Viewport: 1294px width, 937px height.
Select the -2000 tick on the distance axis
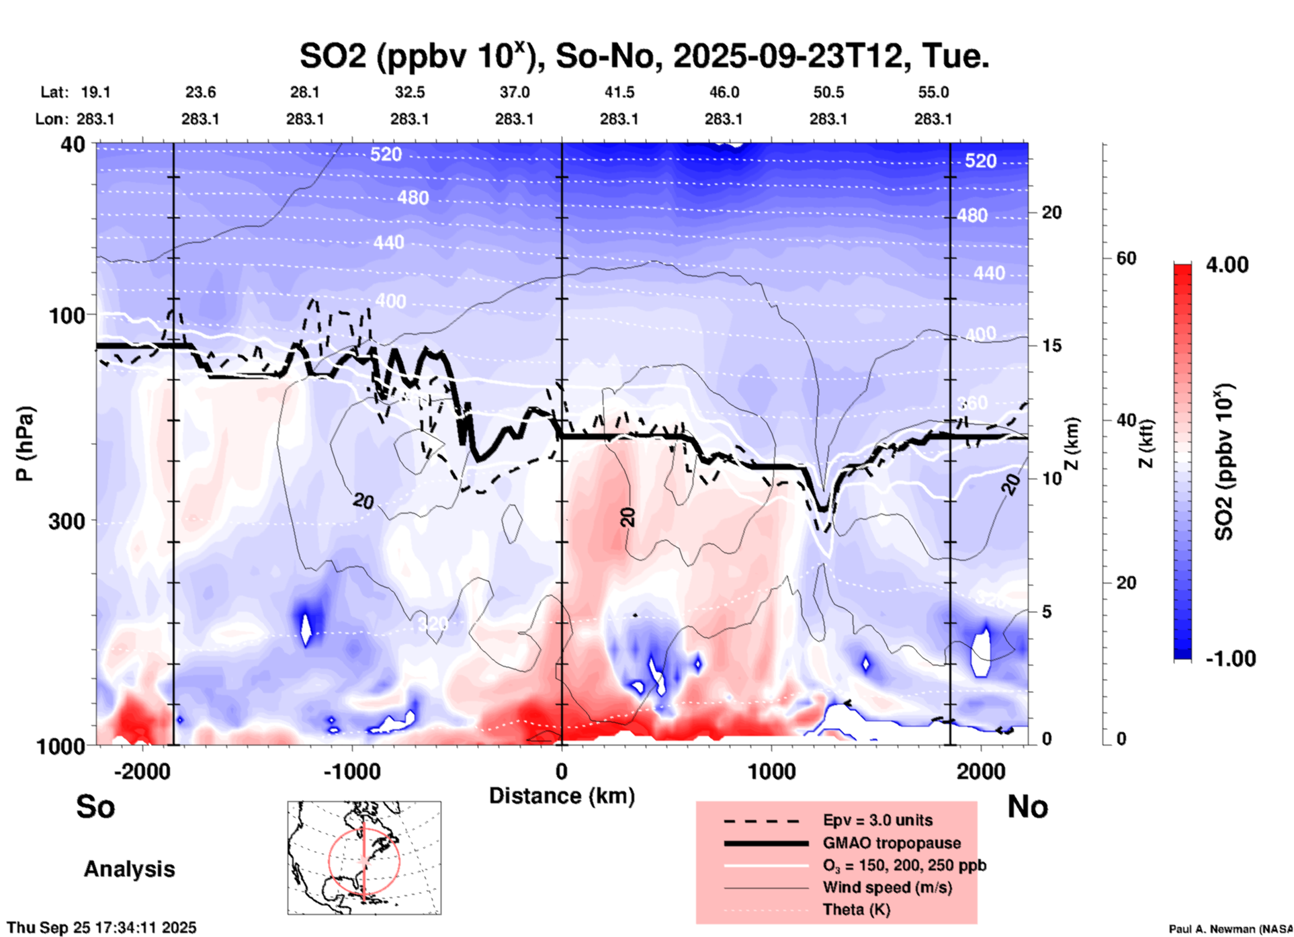click(x=142, y=771)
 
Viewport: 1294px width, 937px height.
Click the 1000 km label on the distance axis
click(x=771, y=771)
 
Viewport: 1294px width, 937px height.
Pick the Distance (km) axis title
click(x=562, y=796)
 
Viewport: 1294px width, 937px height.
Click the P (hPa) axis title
click(x=25, y=444)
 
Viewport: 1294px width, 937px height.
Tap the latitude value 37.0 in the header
click(x=514, y=92)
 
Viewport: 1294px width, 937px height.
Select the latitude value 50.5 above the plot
click(x=828, y=92)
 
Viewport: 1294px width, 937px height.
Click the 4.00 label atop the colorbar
click(x=1227, y=265)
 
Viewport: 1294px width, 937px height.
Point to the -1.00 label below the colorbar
click(x=1230, y=659)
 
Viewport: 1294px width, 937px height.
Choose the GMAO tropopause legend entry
click(x=892, y=843)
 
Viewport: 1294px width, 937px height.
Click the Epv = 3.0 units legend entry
click(x=877, y=821)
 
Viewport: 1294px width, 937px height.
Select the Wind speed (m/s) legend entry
click(x=887, y=887)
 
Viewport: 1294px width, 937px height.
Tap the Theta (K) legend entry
click(x=856, y=909)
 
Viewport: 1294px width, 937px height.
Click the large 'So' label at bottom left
click(x=95, y=807)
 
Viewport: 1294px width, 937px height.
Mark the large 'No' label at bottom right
click(x=1027, y=807)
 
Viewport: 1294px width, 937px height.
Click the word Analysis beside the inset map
click(x=129, y=869)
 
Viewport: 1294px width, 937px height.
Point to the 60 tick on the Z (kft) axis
click(x=1126, y=258)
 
